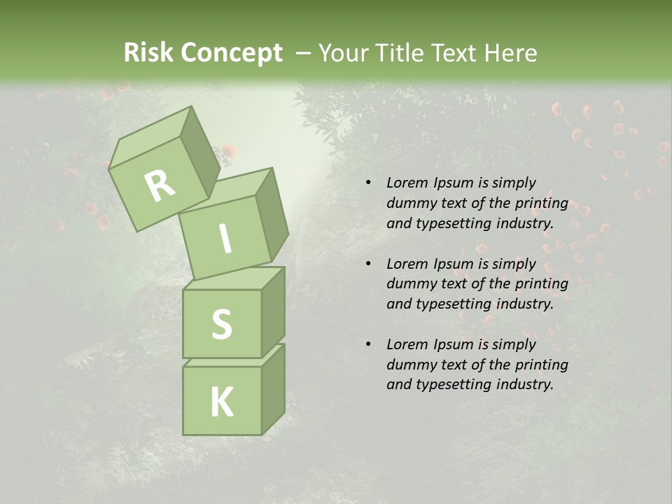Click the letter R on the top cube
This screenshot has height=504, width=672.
pos(160,186)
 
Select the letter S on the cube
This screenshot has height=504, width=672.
pos(221,324)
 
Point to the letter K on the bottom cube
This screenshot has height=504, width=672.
pos(221,402)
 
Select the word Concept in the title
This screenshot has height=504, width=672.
pos(231,53)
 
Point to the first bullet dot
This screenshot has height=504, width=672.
pos(368,183)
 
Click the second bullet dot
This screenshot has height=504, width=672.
pos(368,264)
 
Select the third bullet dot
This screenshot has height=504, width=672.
pos(368,344)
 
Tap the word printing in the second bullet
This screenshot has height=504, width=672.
pos(541,284)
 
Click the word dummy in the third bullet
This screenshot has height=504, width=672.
pos(409,365)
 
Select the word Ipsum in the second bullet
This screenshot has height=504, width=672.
pos(454,264)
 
